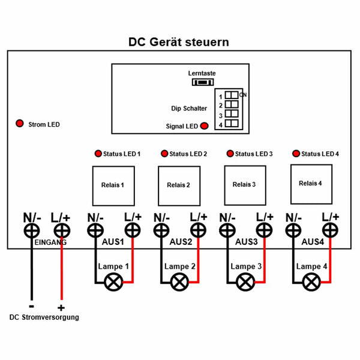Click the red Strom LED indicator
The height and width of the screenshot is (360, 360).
coord(20,123)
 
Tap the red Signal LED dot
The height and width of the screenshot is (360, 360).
coord(205,126)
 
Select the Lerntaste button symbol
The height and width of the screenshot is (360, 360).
coord(203,82)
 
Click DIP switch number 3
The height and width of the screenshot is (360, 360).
coord(232,113)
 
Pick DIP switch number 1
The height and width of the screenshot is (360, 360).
coord(232,95)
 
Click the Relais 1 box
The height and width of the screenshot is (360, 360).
coord(113,186)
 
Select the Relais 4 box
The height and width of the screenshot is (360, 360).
coord(311,184)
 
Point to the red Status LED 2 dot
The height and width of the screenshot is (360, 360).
coord(164,154)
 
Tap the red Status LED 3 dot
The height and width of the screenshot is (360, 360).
coord(230,154)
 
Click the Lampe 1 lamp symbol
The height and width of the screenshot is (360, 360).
coord(113,282)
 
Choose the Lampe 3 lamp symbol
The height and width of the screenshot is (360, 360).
coord(245,282)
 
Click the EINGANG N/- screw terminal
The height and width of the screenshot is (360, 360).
coord(32,230)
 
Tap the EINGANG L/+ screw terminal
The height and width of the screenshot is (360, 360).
coord(62,230)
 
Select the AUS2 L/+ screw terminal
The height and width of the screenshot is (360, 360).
coord(198,230)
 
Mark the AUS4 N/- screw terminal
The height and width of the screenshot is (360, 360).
coord(293,230)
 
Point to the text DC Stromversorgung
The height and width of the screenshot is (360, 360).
coord(44,317)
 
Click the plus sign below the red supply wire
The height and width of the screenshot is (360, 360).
coord(61,308)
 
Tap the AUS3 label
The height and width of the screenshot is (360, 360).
coord(247,242)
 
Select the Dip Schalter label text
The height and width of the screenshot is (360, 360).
coord(189,109)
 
